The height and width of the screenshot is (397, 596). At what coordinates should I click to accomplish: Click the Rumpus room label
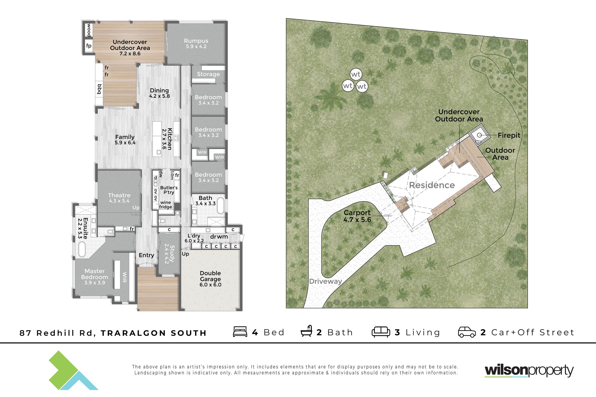click(196, 43)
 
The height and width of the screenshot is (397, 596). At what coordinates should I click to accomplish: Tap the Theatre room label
click(119, 198)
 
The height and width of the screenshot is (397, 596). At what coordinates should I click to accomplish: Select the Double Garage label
click(210, 279)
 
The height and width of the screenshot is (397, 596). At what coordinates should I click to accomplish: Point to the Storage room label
click(208, 74)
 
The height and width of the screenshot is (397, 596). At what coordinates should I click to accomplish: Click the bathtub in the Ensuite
click(82, 250)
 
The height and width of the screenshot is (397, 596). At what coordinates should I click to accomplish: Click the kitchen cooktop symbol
click(177, 138)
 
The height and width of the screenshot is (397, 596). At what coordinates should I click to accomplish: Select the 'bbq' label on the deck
click(99, 89)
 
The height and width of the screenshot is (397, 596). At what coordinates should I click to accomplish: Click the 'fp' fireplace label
click(89, 46)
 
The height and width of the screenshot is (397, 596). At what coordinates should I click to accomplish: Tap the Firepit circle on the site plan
click(479, 135)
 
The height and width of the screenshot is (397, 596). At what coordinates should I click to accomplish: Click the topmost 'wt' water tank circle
click(356, 74)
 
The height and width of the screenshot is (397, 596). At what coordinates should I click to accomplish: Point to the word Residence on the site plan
click(432, 185)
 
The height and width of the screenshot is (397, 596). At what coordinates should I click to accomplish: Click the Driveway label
click(326, 281)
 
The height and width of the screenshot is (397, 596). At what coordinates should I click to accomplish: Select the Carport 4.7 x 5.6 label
click(357, 216)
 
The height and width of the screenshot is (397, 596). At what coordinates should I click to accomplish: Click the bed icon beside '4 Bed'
click(240, 332)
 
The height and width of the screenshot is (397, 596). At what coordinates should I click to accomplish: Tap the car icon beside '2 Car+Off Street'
click(467, 332)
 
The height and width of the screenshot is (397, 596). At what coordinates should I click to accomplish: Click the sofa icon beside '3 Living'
click(381, 332)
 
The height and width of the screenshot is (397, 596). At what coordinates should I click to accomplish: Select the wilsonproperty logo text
click(529, 371)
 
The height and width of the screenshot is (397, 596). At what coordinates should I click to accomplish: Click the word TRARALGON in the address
click(133, 333)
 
